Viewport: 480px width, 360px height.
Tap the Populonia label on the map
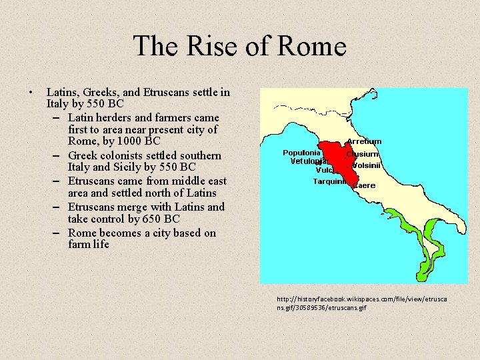(302, 153)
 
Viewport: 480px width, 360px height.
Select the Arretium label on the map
(364, 141)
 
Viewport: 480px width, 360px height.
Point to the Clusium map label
(363, 154)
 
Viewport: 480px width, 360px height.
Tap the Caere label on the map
(365, 185)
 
